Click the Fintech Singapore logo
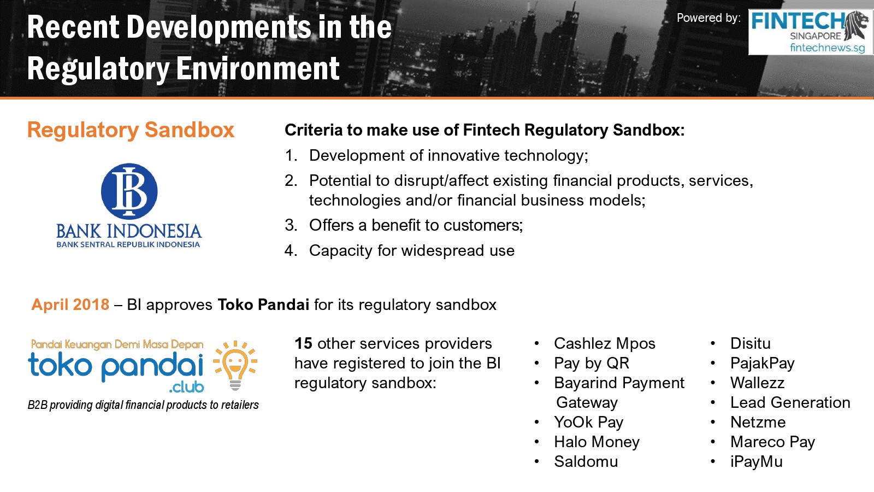tap(811, 32)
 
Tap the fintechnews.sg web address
tap(827, 48)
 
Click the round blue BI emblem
tap(129, 191)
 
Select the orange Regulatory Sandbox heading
tap(131, 131)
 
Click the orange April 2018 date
tap(70, 304)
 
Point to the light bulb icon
tap(235, 366)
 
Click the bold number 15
tap(303, 344)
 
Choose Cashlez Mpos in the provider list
tap(604, 344)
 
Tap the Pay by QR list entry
tap(592, 364)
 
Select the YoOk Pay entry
tap(589, 423)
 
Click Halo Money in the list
tap(597, 442)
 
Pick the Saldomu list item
tap(586, 461)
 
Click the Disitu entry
tap(751, 344)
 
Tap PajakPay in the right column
tap(763, 364)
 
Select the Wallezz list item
tap(757, 383)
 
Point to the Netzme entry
tap(758, 422)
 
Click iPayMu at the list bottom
tap(756, 462)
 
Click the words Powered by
tap(708, 18)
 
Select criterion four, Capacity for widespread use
tap(412, 251)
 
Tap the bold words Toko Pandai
tap(263, 304)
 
